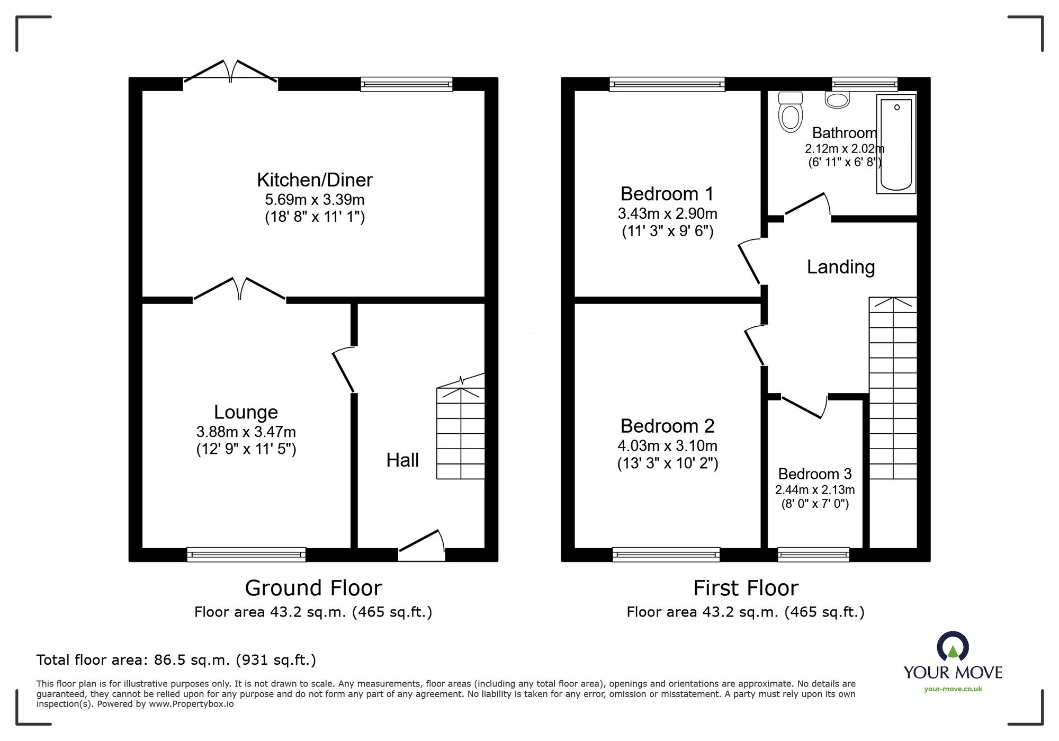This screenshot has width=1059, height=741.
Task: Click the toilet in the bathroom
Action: click(x=791, y=113)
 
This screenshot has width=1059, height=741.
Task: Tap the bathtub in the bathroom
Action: click(x=896, y=144)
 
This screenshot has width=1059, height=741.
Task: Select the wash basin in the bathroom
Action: click(x=837, y=100)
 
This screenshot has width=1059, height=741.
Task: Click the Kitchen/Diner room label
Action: click(x=315, y=180)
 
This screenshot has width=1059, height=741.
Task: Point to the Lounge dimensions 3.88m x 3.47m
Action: click(x=246, y=432)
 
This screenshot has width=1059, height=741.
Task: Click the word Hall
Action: click(x=402, y=460)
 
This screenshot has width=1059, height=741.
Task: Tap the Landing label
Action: click(x=840, y=267)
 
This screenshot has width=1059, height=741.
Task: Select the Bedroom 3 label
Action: click(x=815, y=474)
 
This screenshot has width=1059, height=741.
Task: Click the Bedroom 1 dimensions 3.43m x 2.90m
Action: click(x=667, y=214)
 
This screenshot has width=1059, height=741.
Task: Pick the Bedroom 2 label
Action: click(x=667, y=426)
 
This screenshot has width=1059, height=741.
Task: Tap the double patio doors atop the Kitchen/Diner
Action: click(x=230, y=73)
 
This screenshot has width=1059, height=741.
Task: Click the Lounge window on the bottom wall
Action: click(x=246, y=555)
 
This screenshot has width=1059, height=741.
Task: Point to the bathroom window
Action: click(x=864, y=84)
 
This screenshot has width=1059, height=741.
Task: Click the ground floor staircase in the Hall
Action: click(x=461, y=433)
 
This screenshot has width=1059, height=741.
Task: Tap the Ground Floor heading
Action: click(x=313, y=588)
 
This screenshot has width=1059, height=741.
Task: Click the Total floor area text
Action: click(x=176, y=660)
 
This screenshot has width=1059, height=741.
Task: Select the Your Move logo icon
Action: click(x=953, y=647)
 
